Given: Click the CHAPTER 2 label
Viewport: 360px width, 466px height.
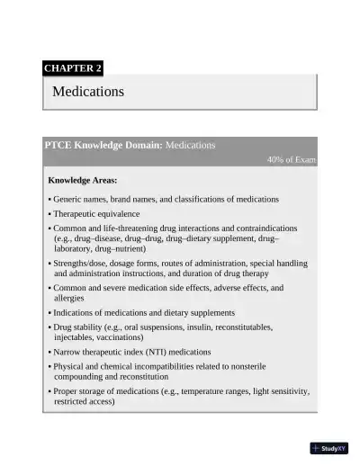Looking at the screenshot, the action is [x=73, y=67].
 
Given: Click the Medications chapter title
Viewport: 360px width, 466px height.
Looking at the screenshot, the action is [x=88, y=92].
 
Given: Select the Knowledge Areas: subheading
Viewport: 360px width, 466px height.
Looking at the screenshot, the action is [x=82, y=181].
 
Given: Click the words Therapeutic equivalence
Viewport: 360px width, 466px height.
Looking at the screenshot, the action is [x=96, y=214].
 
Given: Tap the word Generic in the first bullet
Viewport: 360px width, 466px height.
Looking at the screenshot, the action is [x=68, y=199].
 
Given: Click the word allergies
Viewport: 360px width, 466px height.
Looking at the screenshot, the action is [x=69, y=297].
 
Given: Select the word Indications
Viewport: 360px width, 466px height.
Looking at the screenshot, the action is [x=76, y=312].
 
